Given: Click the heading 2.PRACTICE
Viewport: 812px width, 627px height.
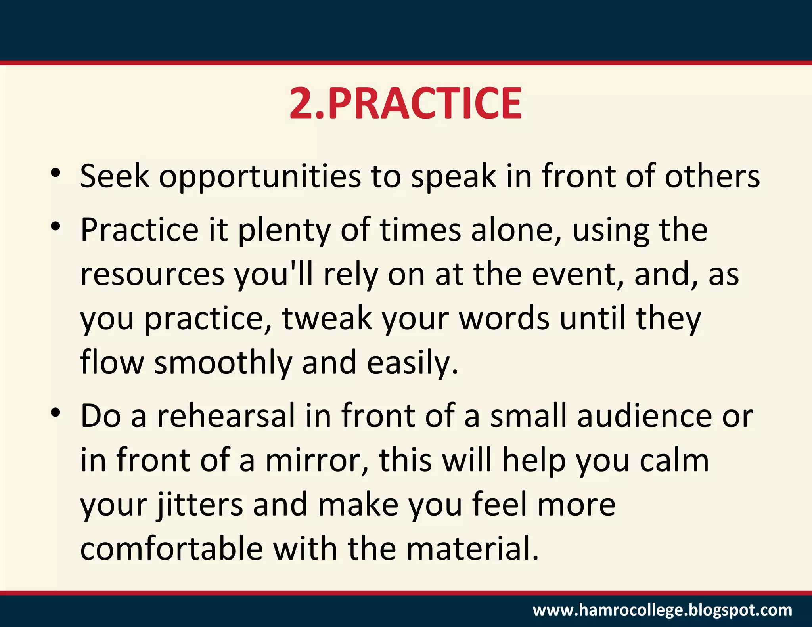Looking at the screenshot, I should tap(406, 104).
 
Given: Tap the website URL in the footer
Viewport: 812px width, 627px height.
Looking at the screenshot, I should tap(662, 610).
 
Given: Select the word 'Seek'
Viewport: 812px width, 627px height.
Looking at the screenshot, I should tap(115, 176).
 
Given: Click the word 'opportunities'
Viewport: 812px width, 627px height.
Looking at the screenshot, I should tap(260, 176).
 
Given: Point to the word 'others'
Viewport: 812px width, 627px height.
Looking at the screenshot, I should tap(712, 176).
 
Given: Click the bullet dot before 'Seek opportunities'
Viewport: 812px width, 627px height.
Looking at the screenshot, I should tap(56, 173).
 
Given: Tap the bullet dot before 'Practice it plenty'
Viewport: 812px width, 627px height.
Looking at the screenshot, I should tap(56, 227).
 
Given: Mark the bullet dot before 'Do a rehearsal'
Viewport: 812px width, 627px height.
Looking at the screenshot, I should tap(56, 413).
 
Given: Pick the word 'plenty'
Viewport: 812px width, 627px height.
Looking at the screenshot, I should tap(284, 231).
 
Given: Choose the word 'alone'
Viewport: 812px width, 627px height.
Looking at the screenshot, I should tap(513, 230).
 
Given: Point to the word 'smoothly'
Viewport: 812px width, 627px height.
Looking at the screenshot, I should tap(223, 363).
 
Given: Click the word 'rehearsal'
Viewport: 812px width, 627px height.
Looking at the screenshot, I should tap(226, 416).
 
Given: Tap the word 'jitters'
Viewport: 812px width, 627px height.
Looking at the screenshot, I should tap(200, 505).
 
